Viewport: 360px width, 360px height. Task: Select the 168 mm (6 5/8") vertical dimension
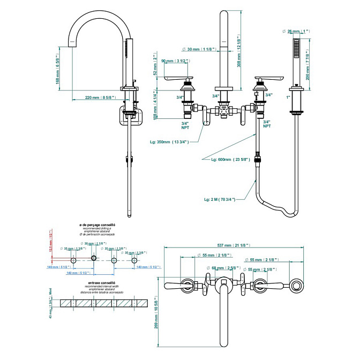(x=59, y=69)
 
